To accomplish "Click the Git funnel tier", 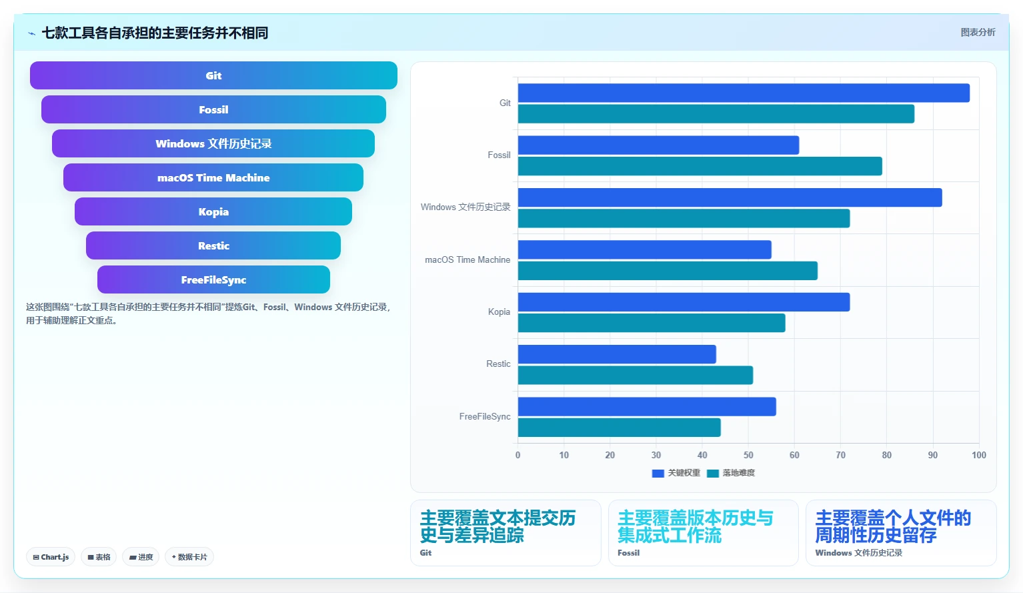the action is (x=213, y=75).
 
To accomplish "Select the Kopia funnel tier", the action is (x=213, y=211).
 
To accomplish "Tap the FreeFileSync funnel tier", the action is (x=213, y=279).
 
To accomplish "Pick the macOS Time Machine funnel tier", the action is (x=213, y=177).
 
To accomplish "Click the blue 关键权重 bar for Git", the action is (x=744, y=93).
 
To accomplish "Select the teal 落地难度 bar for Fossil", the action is (x=700, y=166).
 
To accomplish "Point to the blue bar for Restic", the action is (x=617, y=354).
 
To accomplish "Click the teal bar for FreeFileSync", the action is (x=620, y=428).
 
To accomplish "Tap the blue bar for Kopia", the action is (x=684, y=302).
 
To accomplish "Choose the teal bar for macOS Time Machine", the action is (x=668, y=271).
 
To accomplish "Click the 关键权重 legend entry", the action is (x=676, y=473).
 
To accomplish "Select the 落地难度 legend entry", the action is (x=731, y=473).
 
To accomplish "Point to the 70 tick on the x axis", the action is (x=840, y=455).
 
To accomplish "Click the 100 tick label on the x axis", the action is (x=979, y=455).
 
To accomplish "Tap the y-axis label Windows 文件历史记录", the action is (x=465, y=207).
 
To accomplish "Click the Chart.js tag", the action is (x=51, y=557).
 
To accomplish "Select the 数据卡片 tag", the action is (x=189, y=557).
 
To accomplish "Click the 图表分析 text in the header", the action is (x=978, y=33).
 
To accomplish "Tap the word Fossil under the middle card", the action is (x=628, y=553).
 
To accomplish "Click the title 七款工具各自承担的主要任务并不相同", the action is (x=155, y=33).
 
